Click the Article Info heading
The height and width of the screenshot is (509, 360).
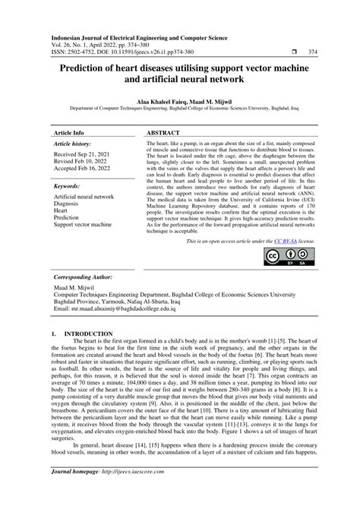(x=68, y=132)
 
